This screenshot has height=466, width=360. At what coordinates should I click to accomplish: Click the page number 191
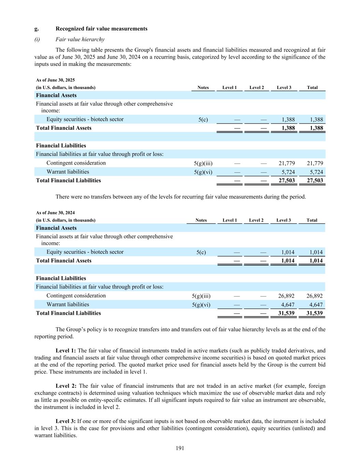(x=180, y=448)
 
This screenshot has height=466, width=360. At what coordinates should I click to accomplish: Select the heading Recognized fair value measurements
(x=101, y=29)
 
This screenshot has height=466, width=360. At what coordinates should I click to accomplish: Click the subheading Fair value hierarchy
(x=80, y=39)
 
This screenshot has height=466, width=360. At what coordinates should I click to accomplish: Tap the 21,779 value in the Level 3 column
(x=287, y=163)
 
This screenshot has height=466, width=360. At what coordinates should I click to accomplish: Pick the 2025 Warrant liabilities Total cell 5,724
(x=315, y=172)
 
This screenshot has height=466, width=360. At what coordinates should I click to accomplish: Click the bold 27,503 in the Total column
(x=315, y=181)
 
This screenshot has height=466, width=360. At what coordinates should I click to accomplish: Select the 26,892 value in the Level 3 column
(x=286, y=296)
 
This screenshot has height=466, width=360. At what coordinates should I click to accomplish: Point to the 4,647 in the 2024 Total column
(x=316, y=305)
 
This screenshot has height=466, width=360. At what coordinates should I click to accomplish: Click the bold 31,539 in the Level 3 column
(x=286, y=313)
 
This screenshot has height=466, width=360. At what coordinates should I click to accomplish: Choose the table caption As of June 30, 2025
(x=55, y=80)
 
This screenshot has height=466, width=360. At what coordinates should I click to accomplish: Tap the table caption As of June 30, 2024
(x=55, y=213)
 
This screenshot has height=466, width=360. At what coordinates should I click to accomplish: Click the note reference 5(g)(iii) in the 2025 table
(x=203, y=164)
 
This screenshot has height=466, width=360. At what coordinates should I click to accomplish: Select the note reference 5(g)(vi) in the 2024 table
(x=201, y=305)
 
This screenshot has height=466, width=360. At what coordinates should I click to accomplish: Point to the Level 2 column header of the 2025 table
(x=257, y=88)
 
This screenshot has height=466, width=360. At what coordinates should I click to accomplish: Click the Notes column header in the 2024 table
(x=201, y=220)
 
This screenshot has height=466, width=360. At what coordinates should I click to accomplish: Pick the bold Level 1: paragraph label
(x=66, y=351)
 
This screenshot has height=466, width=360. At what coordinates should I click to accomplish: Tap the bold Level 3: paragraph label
(x=66, y=421)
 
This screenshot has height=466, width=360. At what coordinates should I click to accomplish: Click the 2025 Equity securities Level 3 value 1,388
(x=288, y=119)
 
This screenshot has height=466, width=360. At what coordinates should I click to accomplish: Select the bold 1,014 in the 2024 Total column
(x=316, y=261)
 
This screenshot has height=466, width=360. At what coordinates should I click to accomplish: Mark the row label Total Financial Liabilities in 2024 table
(x=68, y=313)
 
